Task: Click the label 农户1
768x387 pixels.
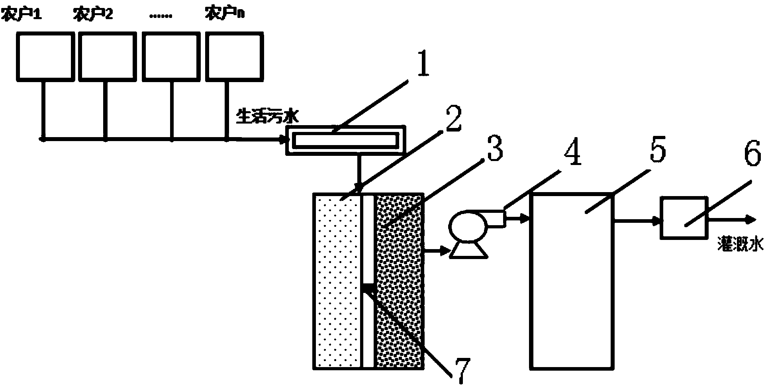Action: [x=22, y=15]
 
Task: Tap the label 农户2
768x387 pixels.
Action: [x=93, y=15]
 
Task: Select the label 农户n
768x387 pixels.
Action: [x=225, y=15]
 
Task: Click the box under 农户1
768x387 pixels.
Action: [x=45, y=56]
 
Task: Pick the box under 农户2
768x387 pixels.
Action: [x=108, y=56]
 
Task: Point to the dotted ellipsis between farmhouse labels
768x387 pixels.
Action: [x=161, y=16]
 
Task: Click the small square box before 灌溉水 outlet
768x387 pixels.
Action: [x=684, y=218]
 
